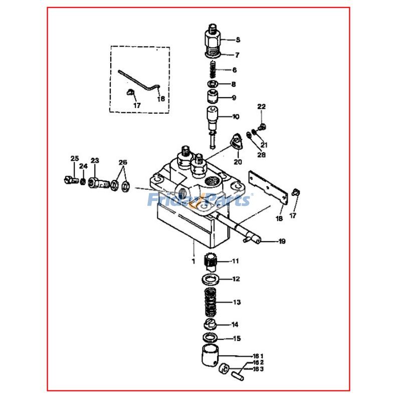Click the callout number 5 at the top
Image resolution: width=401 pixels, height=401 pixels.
(x=238, y=40)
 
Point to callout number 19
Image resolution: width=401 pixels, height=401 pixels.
(x=282, y=242)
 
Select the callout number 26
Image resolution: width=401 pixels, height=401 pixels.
(x=123, y=162)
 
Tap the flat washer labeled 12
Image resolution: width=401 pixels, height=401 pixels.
(x=212, y=279)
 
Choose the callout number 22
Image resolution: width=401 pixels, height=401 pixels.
(x=262, y=107)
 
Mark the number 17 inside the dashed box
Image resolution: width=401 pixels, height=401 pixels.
(x=137, y=106)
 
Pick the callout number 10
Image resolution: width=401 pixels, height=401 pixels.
(x=236, y=117)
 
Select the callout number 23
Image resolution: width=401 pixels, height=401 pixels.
(x=95, y=161)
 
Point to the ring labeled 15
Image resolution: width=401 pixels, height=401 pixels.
(x=212, y=338)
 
